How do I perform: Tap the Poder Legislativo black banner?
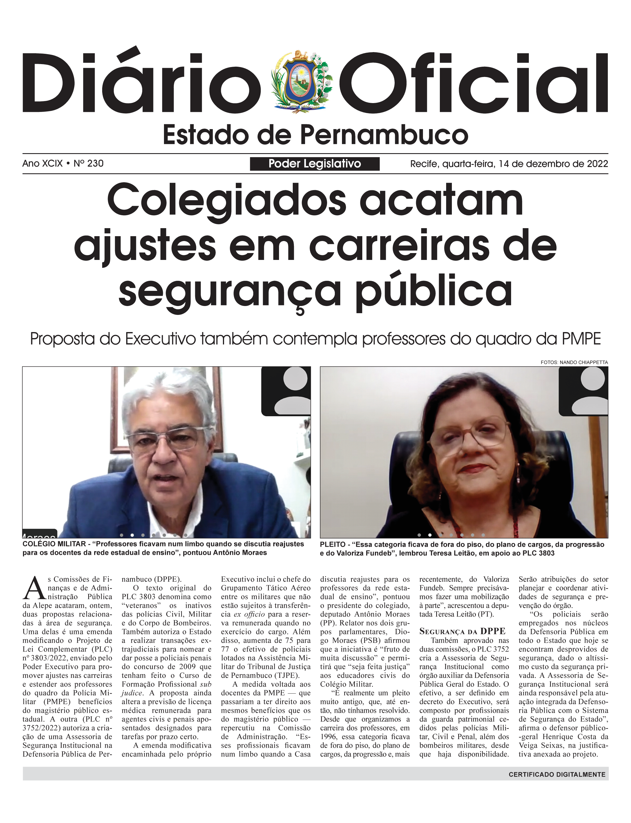click(x=314, y=164)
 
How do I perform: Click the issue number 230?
click(x=95, y=163)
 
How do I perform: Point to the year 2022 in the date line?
click(x=597, y=164)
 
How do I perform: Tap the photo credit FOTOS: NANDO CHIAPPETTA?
click(x=574, y=362)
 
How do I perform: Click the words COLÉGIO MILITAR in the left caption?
click(x=54, y=544)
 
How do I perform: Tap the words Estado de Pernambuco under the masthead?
click(x=315, y=135)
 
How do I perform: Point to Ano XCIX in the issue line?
click(x=42, y=163)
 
